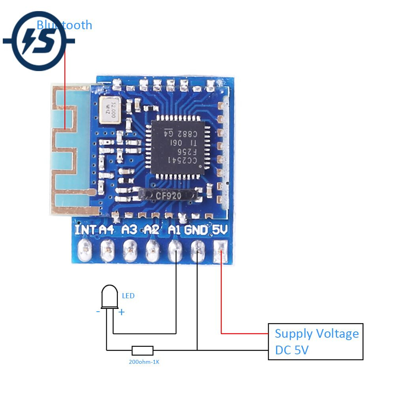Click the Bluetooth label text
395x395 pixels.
click(x=64, y=25)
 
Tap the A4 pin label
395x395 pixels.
click(x=107, y=229)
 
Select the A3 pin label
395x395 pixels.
click(x=130, y=229)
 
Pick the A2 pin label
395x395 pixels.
click(x=152, y=229)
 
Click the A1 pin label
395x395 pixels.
click(x=174, y=229)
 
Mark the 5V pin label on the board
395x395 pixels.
click(x=220, y=229)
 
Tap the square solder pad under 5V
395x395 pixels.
click(x=220, y=250)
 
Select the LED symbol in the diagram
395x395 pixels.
click(x=110, y=297)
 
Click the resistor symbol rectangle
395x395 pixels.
click(x=142, y=350)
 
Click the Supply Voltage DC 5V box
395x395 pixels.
click(x=315, y=342)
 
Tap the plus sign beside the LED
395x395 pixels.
click(x=122, y=312)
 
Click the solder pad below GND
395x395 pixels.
click(x=197, y=250)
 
